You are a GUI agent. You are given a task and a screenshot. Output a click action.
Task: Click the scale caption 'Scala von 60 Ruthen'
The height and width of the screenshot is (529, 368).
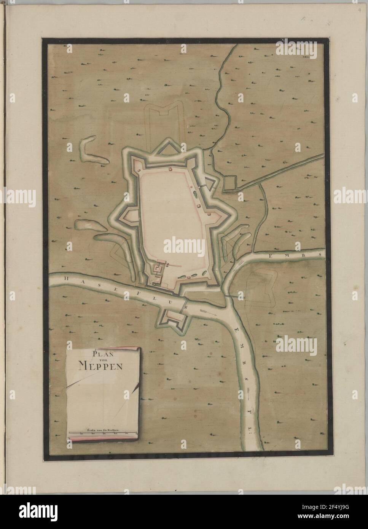(103, 429)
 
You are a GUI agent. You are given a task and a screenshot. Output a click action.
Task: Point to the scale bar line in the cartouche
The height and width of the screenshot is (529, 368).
(104, 433)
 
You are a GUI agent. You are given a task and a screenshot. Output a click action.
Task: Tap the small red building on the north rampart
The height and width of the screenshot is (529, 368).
(170, 167)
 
